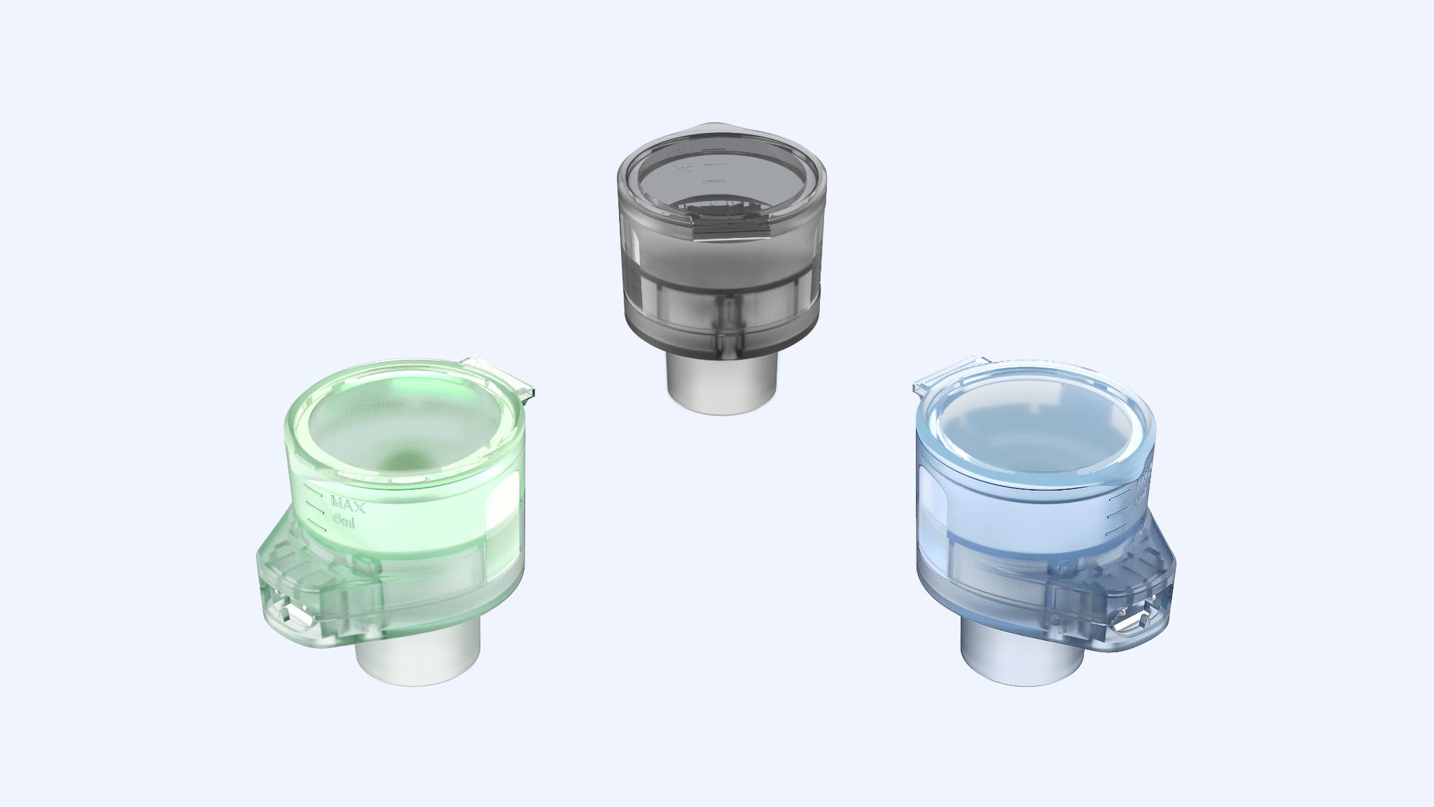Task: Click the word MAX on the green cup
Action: click(x=348, y=504)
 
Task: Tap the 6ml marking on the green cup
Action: click(x=345, y=521)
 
